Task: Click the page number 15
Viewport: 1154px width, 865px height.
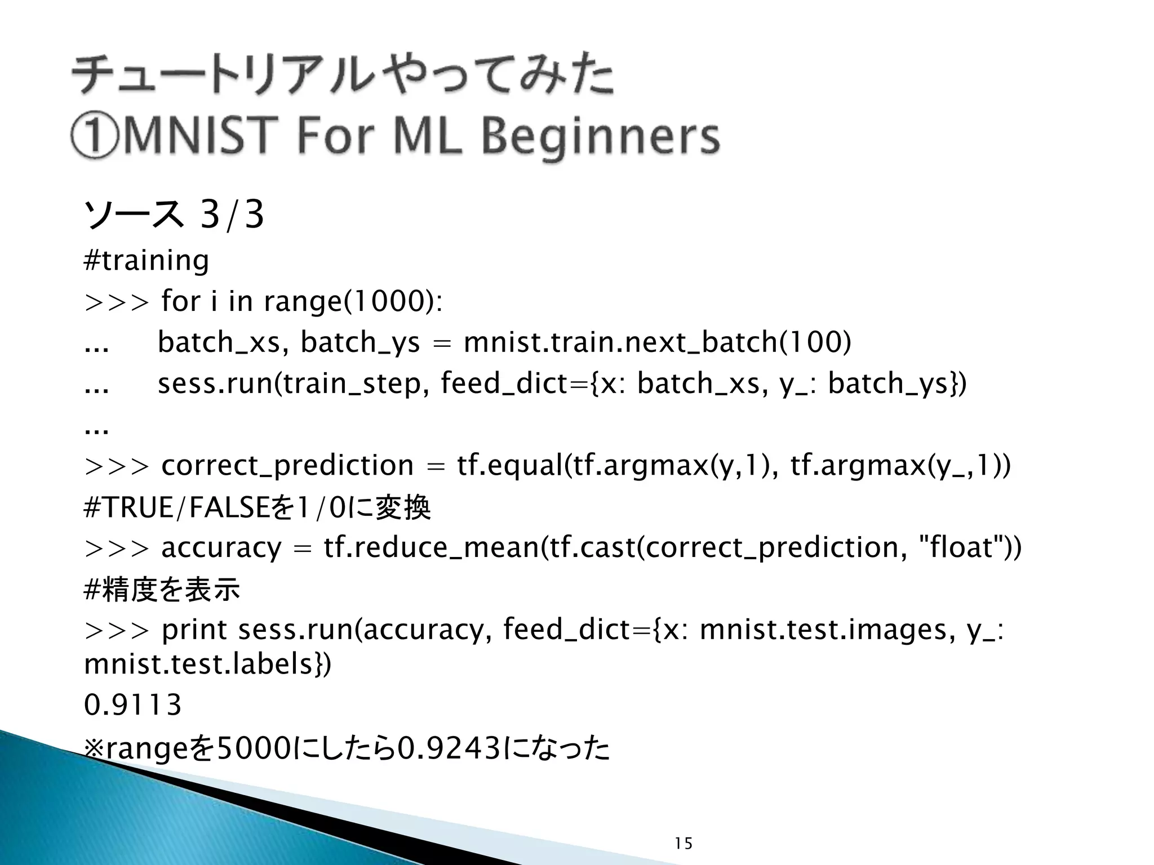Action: click(683, 843)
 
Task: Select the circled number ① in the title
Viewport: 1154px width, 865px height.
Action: click(94, 137)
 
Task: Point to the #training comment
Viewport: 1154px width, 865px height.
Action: click(146, 260)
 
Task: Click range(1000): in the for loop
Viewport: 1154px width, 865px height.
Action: click(353, 301)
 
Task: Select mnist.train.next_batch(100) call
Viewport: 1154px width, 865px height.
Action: click(657, 342)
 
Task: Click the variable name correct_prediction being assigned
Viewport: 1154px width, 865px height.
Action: click(287, 466)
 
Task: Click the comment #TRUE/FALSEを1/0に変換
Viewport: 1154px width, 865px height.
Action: click(257, 507)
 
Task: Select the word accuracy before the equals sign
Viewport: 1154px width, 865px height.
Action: click(221, 548)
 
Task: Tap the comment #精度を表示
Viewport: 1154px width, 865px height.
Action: click(162, 590)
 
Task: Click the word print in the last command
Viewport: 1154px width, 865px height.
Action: click(194, 630)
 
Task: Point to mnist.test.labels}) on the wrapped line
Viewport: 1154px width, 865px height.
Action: click(207, 665)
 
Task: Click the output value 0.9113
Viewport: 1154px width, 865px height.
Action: click(132, 705)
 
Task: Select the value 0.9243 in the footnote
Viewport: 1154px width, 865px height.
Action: click(449, 748)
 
